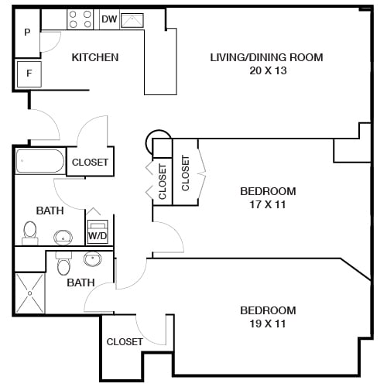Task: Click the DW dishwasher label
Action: click(109, 19)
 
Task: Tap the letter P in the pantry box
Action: click(27, 33)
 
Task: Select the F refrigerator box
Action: click(28, 74)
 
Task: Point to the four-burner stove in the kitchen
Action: click(80, 19)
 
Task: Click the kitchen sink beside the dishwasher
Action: click(132, 19)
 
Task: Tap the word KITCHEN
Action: click(94, 57)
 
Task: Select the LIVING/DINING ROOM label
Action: click(266, 57)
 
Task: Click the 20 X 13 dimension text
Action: click(266, 70)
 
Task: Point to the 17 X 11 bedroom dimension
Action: click(268, 204)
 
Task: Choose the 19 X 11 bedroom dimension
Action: click(268, 324)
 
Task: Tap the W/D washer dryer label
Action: click(98, 235)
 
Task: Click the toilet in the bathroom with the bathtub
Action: click(30, 231)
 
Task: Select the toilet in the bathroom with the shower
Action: click(64, 265)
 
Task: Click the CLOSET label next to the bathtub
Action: click(90, 163)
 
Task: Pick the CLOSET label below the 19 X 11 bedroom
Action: click(125, 341)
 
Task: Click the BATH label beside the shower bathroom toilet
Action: click(80, 283)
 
